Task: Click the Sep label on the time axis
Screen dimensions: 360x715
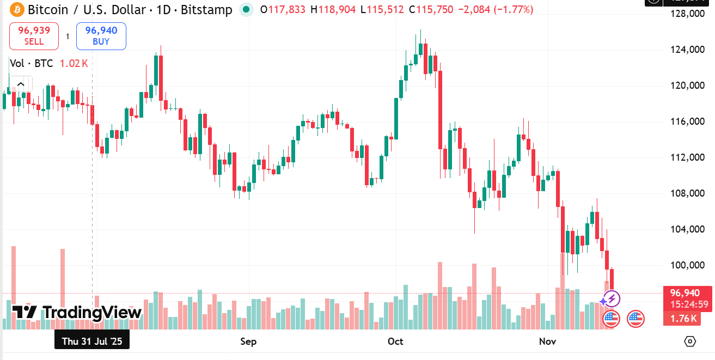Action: click(248, 341)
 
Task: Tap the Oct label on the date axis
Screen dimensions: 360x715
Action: click(395, 341)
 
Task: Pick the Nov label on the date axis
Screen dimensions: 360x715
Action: click(547, 341)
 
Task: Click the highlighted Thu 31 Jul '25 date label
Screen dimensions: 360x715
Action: click(92, 341)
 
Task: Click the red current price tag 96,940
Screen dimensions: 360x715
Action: click(685, 293)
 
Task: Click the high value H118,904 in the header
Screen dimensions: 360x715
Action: click(333, 10)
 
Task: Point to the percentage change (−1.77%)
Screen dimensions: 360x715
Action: click(514, 10)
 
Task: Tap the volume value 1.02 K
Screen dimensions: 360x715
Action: click(74, 64)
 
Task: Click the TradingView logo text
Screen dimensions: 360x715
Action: click(77, 313)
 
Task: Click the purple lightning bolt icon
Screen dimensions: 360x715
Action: click(612, 298)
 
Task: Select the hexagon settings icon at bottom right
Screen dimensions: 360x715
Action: click(690, 341)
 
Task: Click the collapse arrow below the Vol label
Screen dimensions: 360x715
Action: click(20, 84)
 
